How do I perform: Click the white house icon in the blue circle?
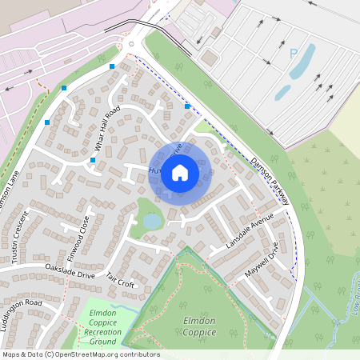click(x=180, y=172)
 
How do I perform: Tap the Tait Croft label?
click(x=120, y=282)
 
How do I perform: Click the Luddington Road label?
click(x=32, y=305)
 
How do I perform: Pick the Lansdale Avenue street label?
click(x=250, y=231)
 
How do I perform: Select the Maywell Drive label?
click(x=265, y=261)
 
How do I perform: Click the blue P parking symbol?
click(x=293, y=54)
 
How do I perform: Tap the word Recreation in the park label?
click(x=102, y=332)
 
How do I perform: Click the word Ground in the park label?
click(x=102, y=342)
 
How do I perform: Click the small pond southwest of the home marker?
click(x=151, y=220)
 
